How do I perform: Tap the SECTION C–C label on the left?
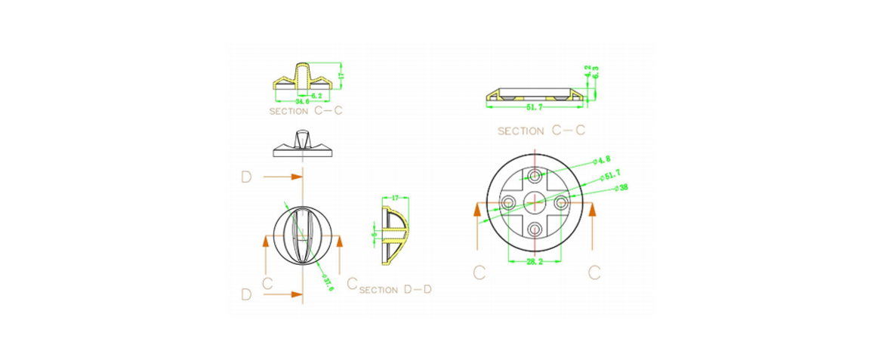point(307,111)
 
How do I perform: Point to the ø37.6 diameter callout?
point(327,281)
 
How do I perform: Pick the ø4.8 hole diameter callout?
point(602,160)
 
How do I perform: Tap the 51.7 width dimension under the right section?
point(533,107)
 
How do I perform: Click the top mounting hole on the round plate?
point(535,176)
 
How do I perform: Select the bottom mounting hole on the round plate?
point(535,229)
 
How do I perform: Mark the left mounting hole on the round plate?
point(508,202)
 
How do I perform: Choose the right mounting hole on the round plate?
point(561,202)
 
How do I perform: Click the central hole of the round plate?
point(535,202)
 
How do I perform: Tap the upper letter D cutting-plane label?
point(246,177)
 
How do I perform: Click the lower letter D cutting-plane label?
point(246,294)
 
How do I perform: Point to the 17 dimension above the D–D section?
point(396,199)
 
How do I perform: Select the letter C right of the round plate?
point(594,272)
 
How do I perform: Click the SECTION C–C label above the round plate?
point(541,131)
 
